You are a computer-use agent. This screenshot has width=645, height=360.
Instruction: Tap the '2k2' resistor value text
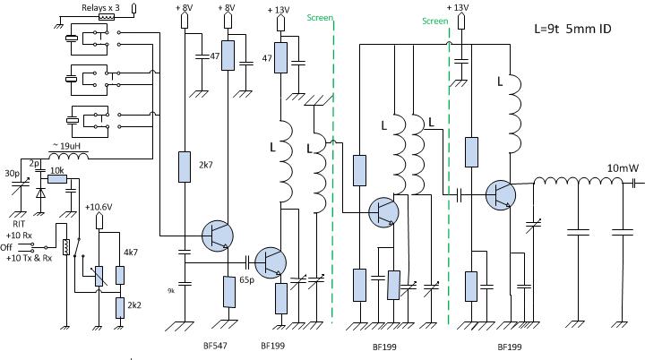pos(134,306)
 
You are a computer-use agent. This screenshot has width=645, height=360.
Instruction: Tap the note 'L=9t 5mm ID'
pos(572,29)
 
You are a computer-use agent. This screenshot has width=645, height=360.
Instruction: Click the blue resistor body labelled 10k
pos(57,178)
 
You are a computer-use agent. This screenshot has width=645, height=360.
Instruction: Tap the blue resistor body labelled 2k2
pos(119,307)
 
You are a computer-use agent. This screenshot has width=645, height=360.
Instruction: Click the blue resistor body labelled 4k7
pos(119,263)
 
